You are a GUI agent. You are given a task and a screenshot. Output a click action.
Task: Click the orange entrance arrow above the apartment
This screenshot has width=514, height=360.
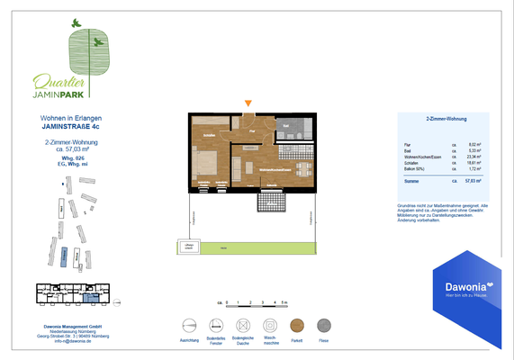click(x=248, y=104)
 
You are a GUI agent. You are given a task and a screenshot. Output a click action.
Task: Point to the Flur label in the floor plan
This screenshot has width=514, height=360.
click(x=253, y=131)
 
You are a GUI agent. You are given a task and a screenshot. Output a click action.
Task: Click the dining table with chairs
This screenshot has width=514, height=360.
click(x=303, y=169)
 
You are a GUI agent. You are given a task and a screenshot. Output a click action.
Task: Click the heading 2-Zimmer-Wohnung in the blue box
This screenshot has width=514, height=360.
click(x=443, y=119)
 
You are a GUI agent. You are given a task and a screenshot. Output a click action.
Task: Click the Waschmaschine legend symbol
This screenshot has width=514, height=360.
click(x=270, y=326)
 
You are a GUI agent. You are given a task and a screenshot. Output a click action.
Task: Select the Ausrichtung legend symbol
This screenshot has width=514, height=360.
click(x=188, y=326)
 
